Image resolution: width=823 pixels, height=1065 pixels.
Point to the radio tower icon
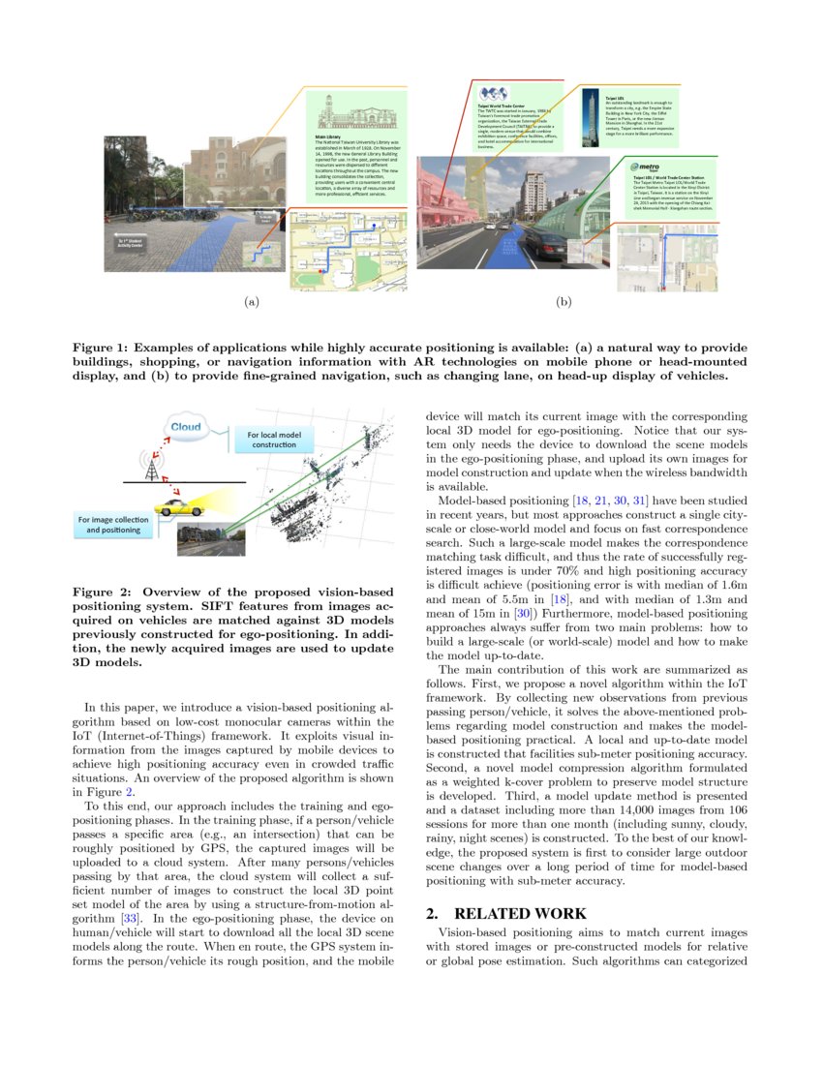tap(151, 468)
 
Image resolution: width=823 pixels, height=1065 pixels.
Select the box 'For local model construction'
tap(274, 440)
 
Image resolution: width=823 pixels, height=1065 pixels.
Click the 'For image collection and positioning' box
tap(112, 525)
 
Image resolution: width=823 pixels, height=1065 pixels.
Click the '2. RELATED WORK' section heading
tap(505, 913)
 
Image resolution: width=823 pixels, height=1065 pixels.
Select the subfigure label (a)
tap(252, 302)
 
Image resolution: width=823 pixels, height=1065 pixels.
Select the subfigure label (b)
tap(564, 302)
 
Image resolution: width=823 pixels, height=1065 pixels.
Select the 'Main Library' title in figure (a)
tap(328, 137)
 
